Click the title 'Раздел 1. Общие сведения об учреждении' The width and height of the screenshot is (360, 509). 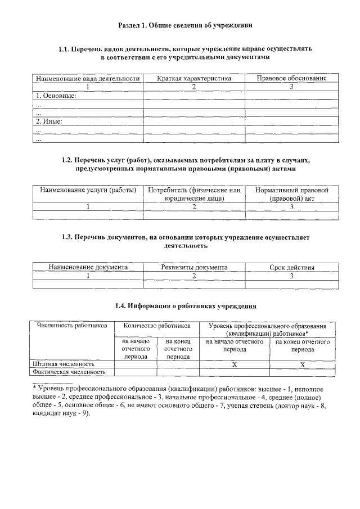coord(185,25)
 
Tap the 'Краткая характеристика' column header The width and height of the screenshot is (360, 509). coord(193,78)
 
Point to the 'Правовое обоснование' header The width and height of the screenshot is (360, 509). coord(291,78)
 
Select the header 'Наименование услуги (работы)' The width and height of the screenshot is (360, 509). coord(88,190)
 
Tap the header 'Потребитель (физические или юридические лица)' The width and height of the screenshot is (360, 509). coord(194,194)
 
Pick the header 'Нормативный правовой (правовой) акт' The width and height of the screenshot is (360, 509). coord(291,194)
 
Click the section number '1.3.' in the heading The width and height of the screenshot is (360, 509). coord(67,237)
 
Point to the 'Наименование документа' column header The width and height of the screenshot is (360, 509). coord(88,268)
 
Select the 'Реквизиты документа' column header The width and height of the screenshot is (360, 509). coord(194,268)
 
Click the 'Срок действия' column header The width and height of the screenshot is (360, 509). coord(291,268)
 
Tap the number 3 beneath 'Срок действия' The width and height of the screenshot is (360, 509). coord(291,276)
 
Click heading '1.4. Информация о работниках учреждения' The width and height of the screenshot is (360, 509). coord(186,306)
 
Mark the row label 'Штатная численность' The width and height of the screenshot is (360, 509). coord(63,364)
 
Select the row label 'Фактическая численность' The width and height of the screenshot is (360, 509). coord(69,372)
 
